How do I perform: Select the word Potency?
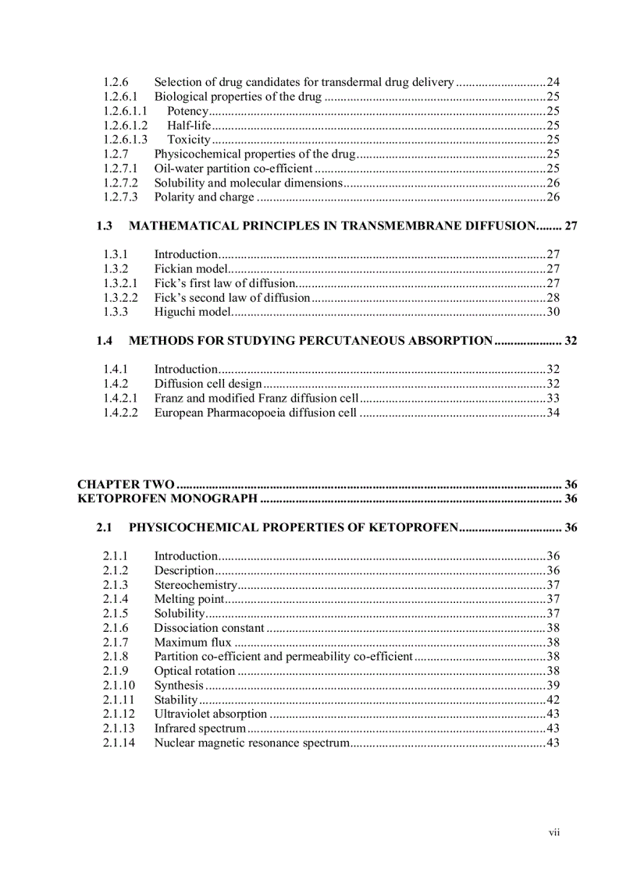point(187,111)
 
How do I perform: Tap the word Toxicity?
point(189,140)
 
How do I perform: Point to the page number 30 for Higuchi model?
point(553,312)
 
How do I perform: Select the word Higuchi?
point(173,312)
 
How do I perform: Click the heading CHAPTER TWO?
point(126,484)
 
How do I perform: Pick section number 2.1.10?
point(119,686)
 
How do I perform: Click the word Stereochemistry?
point(195,585)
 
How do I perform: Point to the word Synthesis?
point(179,686)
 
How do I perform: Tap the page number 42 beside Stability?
point(553,700)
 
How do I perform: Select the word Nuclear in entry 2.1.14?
point(173,743)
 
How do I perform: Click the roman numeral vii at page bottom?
point(554,832)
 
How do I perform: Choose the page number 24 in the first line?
point(553,82)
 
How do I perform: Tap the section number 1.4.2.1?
point(120,398)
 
